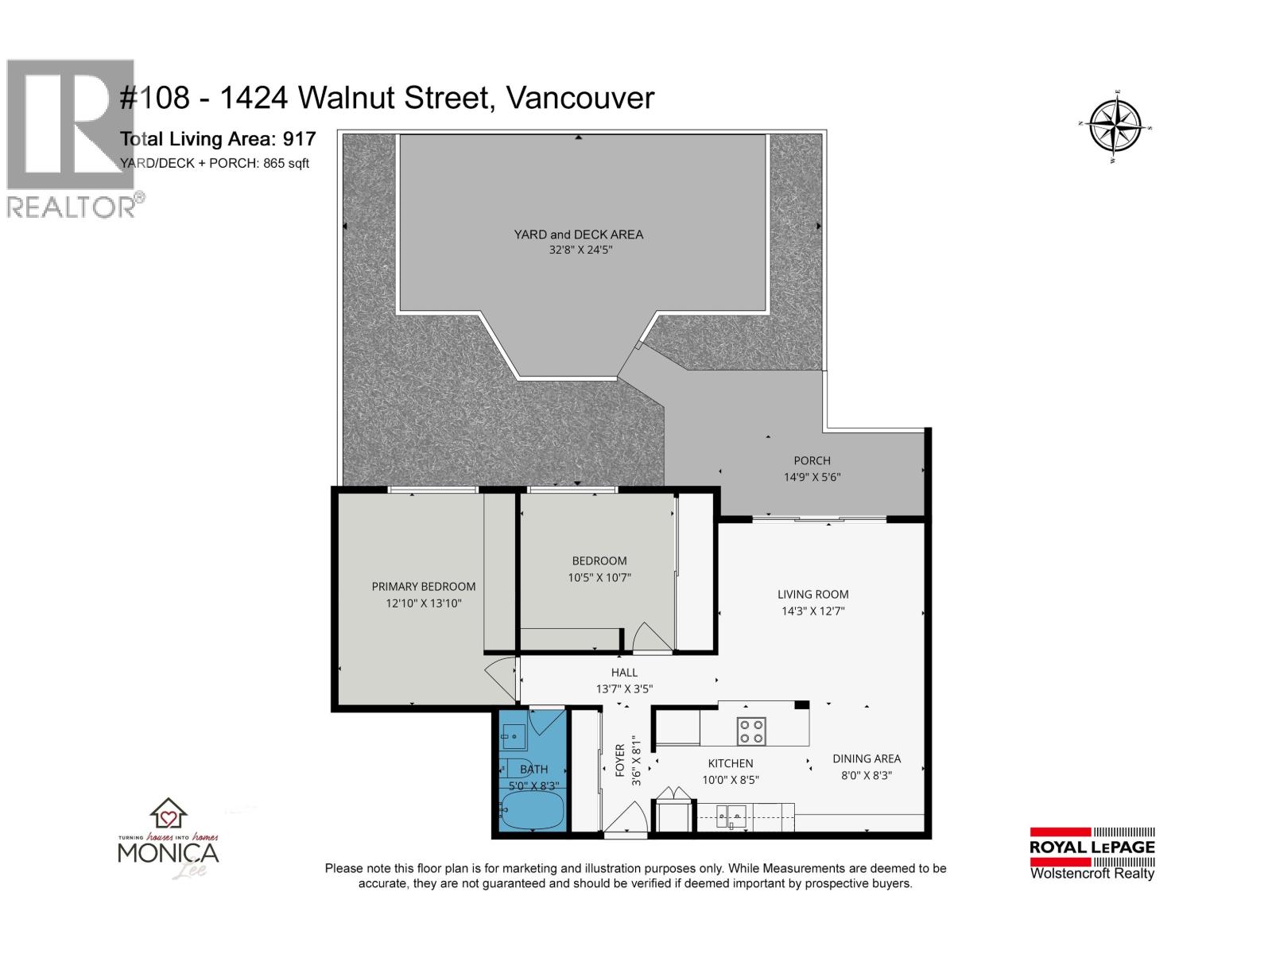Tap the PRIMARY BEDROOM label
(x=424, y=587)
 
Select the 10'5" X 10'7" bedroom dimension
(x=599, y=578)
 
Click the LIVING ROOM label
(x=812, y=594)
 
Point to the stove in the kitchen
(x=751, y=731)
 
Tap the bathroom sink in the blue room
(x=514, y=736)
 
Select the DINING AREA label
(x=866, y=758)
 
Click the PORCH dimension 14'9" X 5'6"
(x=812, y=478)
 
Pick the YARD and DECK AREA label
(x=578, y=235)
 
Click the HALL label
(x=624, y=673)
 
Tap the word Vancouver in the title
(x=580, y=98)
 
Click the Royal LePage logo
(x=1092, y=855)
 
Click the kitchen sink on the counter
(x=732, y=813)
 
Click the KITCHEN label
(x=730, y=763)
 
